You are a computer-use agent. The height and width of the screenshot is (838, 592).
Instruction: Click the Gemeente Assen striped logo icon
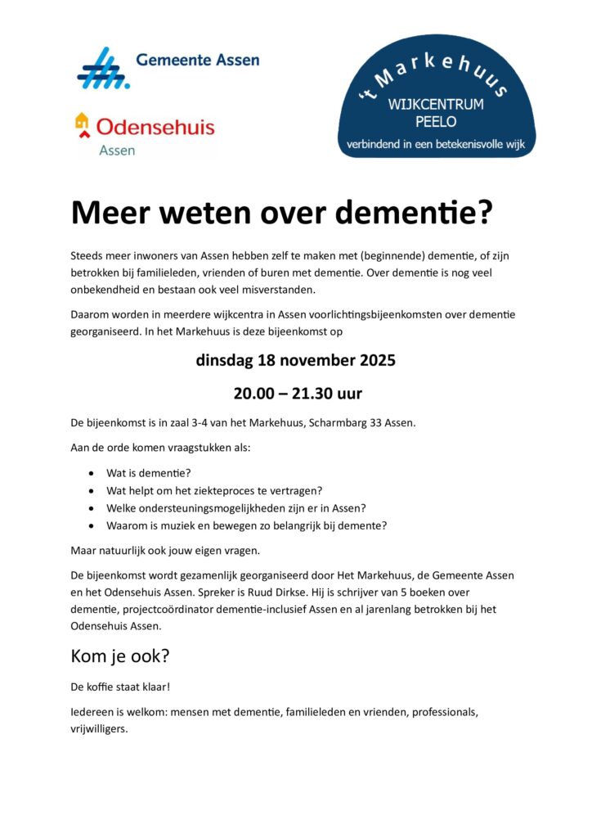(x=104, y=68)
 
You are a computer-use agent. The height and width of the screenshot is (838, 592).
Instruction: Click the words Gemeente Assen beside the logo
(x=198, y=60)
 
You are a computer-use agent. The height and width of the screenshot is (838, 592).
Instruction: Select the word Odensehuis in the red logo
(x=155, y=127)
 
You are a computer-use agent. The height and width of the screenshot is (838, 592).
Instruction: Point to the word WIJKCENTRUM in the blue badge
(x=435, y=105)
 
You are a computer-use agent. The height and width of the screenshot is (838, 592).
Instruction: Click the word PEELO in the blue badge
(x=435, y=122)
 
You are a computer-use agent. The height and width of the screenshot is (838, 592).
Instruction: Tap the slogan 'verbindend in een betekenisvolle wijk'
(x=435, y=145)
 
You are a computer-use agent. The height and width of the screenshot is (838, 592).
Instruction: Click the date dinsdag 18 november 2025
(x=296, y=360)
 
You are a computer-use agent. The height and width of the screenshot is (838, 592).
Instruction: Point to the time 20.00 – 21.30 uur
(x=296, y=394)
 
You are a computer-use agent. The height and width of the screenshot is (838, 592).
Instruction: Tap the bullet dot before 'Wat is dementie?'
(x=90, y=473)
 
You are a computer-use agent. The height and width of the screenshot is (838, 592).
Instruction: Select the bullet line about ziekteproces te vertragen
(x=214, y=491)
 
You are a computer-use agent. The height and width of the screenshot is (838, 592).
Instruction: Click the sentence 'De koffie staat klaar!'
(x=120, y=687)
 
